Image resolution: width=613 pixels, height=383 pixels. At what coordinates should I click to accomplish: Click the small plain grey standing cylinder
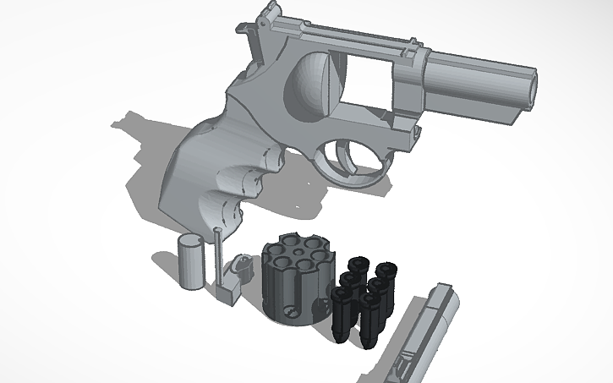click(190, 263)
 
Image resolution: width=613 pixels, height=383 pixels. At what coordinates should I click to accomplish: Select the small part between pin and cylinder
click(243, 267)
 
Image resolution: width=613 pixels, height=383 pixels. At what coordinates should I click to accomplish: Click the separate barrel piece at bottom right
click(419, 334)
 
